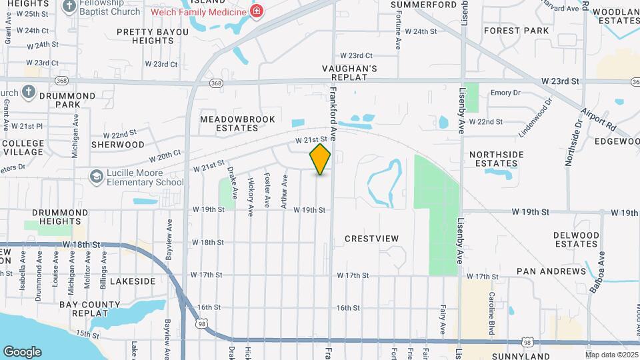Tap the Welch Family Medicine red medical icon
coord(255,11)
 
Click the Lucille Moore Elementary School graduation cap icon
coord(97,175)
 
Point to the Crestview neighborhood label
coord(372,239)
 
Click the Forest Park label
coord(517,31)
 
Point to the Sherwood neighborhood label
coord(117,145)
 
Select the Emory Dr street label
coord(505,93)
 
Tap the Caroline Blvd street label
coord(491,304)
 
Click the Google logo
coord(22,352)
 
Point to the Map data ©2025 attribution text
coord(611,355)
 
